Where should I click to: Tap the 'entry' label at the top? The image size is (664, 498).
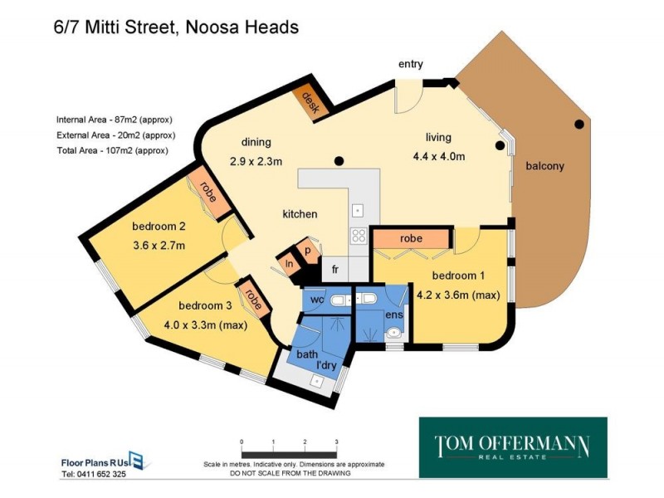click(411, 64)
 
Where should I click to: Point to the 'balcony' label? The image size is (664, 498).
click(544, 166)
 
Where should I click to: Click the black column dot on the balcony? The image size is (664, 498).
click(579, 124)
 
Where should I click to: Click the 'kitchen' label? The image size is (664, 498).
click(300, 214)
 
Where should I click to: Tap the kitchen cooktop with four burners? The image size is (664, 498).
click(359, 235)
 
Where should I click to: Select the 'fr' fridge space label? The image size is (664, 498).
click(335, 269)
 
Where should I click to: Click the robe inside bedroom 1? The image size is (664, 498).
click(411, 239)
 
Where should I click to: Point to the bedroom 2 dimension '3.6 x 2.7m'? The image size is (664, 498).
click(159, 245)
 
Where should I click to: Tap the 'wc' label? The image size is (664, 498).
click(316, 299)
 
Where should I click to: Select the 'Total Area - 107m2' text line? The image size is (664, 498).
click(112, 150)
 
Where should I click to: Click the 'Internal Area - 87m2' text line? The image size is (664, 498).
click(115, 118)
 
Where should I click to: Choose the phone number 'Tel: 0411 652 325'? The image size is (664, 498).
click(94, 475)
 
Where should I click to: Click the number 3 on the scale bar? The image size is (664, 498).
click(335, 442)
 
